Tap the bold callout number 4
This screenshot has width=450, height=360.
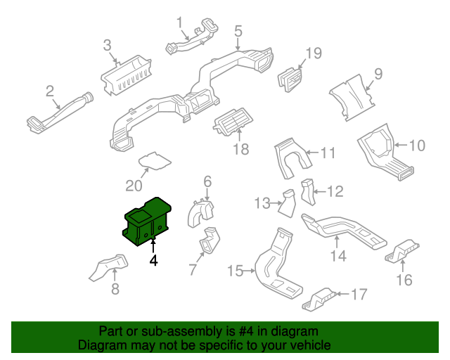coord(153,260)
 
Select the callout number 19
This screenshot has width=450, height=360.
coord(313,53)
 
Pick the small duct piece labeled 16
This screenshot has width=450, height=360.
coord(403,252)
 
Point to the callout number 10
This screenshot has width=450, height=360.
coord(417,146)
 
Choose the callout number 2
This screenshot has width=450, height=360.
coord(50,91)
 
